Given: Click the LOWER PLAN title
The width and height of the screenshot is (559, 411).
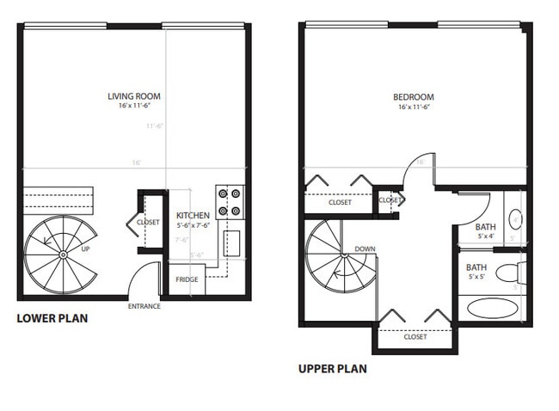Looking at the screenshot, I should click(52, 318).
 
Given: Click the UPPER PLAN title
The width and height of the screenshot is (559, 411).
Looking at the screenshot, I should click(332, 369).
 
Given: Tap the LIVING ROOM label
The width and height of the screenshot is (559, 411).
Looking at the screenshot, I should click(134, 96).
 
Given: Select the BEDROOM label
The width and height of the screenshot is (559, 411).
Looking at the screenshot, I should click(413, 97).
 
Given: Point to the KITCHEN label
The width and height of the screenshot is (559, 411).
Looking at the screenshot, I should click(193, 216).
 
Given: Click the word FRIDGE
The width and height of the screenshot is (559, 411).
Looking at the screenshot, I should click(187, 279).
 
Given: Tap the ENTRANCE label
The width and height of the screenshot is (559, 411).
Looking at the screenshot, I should click(145, 306).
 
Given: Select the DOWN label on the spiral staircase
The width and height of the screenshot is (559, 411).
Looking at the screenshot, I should click(365, 249).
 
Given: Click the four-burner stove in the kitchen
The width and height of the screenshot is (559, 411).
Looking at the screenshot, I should click(230, 202).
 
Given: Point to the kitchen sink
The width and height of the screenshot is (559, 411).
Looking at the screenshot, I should click(232, 244).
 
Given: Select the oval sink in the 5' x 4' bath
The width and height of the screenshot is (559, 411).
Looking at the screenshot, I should click(514, 220).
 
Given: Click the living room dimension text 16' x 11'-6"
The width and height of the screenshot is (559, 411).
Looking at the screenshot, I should click(134, 107).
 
